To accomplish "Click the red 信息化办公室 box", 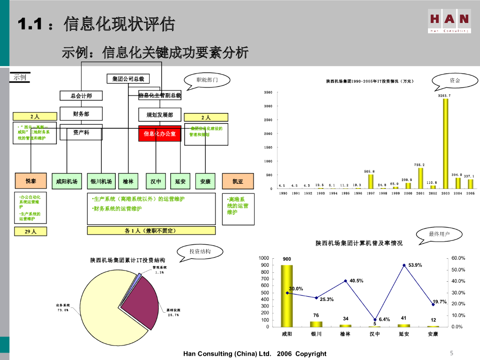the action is [160, 134].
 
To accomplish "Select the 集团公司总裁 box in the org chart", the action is [125, 79].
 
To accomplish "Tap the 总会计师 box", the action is [81, 96].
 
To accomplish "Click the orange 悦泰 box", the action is [31, 181].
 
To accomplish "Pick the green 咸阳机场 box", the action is [67, 181].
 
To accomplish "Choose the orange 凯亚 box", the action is [238, 181].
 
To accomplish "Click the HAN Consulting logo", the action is [449, 22].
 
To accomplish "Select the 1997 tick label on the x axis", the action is [371, 193].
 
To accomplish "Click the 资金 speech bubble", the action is [454, 81].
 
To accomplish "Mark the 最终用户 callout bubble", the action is [439, 234].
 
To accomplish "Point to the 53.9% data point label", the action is [415, 265].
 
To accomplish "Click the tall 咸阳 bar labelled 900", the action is [286, 295].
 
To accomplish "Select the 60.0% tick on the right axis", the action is [458, 258].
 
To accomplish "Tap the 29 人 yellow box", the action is [31, 231].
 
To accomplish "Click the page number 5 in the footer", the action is [451, 353].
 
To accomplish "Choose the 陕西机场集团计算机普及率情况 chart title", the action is [359, 243].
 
